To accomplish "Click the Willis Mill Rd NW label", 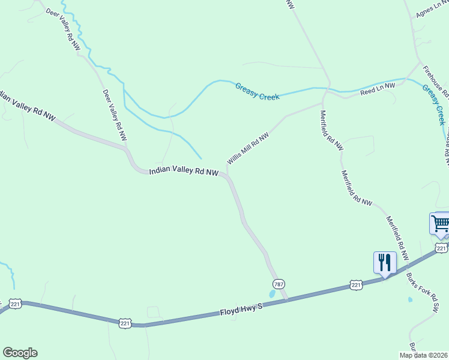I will coord(247,149).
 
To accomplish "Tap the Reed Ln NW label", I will coord(378,89).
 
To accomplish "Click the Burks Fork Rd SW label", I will coord(428,295).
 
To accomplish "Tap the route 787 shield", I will coord(278,283).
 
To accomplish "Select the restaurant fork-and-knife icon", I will coord(385,262).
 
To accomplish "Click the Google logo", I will coord(20,353).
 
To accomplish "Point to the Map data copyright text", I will coord(423,355).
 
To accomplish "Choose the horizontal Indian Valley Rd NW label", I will coord(183,172).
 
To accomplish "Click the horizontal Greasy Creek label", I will coord(258,91).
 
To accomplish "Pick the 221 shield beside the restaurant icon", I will coord(357,286).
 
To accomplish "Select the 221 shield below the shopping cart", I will coord(441,248).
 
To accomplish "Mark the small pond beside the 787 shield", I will coord(273,295).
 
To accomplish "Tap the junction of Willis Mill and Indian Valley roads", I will coord(227,175).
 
